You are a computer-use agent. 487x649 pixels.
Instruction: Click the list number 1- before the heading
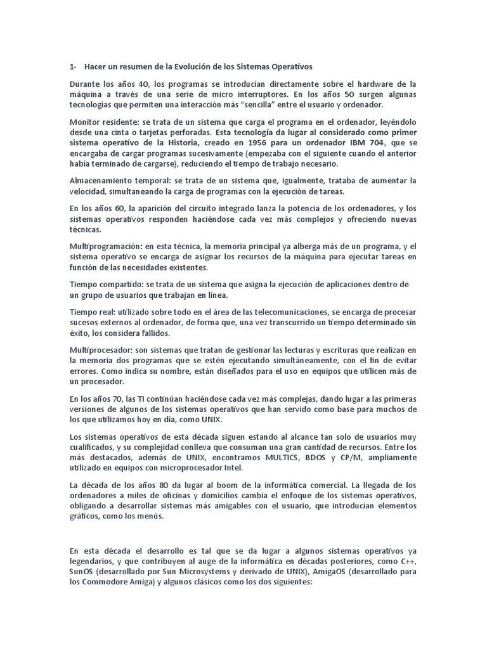click(x=73, y=66)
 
